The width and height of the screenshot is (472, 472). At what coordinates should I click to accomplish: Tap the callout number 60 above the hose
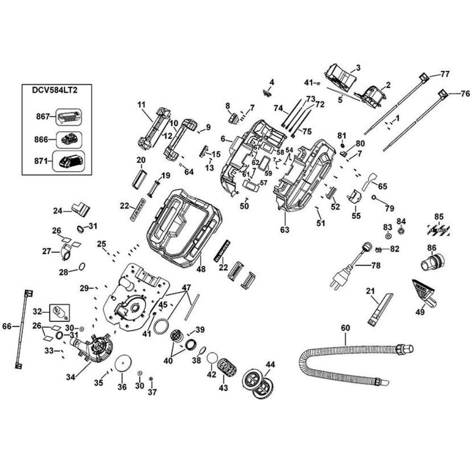(x=345, y=328)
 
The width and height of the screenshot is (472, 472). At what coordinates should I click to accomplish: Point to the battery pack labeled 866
(x=69, y=139)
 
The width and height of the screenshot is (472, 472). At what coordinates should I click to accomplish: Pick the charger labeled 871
(x=69, y=161)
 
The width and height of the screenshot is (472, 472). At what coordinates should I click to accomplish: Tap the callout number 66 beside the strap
(x=7, y=326)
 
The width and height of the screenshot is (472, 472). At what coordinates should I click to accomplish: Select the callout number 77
(x=445, y=74)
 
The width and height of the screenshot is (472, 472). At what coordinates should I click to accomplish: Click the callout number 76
(x=465, y=93)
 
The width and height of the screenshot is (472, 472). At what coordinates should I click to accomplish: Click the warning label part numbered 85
(x=439, y=229)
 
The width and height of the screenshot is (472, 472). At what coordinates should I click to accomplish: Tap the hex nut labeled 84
(x=401, y=231)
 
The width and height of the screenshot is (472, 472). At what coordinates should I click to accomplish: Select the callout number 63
(x=285, y=230)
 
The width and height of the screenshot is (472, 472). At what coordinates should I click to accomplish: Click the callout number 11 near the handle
(x=141, y=104)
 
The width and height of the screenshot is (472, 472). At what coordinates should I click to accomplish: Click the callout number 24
(x=58, y=211)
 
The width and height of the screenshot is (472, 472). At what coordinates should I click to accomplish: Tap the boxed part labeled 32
(x=59, y=312)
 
